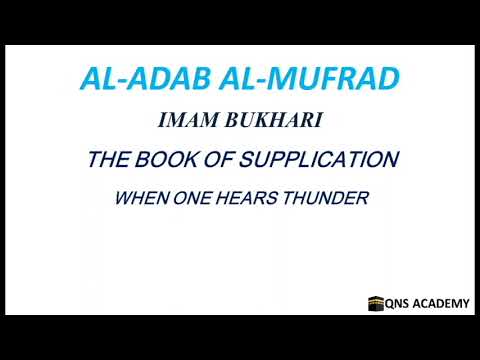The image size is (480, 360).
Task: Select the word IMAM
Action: (x=188, y=122)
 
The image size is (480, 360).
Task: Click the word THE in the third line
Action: (x=108, y=159)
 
